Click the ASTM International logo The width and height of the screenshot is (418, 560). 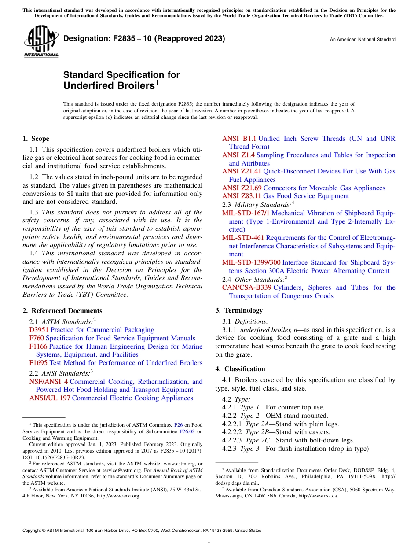[41, 41]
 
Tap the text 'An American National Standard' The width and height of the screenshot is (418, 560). [362, 39]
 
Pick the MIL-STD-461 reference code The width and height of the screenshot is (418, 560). [243, 238]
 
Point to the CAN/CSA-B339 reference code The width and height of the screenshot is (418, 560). [247, 287]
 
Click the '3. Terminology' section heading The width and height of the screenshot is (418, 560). [239, 310]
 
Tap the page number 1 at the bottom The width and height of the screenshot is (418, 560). [209, 541]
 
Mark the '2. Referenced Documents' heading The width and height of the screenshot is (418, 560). [62, 311]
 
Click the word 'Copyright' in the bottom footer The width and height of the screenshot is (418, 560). [32, 531]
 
